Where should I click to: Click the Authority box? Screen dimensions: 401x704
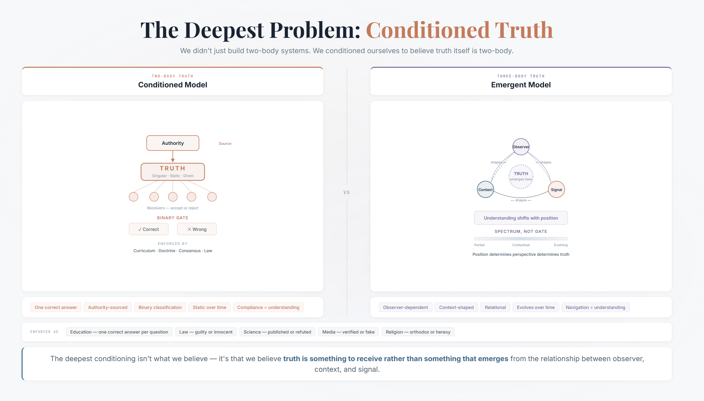(x=173, y=143)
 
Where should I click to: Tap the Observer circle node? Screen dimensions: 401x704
(x=521, y=147)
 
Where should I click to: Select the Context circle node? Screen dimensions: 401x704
(x=485, y=190)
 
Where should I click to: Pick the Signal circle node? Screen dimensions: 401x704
(x=556, y=190)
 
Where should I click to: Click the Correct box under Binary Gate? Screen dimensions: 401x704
(x=149, y=229)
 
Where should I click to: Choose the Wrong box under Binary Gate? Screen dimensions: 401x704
(x=197, y=229)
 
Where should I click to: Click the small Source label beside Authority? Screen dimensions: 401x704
(x=225, y=144)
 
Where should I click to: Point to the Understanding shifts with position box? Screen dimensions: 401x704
(x=521, y=218)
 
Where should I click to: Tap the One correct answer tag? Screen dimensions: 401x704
(x=56, y=307)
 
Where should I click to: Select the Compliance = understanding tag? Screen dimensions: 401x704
(x=268, y=307)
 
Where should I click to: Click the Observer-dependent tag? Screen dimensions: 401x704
(x=405, y=307)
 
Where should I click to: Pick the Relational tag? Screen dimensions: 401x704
(x=495, y=307)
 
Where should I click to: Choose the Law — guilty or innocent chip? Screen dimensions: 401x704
(x=206, y=332)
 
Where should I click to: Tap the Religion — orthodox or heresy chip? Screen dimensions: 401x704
(x=418, y=332)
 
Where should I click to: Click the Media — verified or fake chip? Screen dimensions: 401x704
(x=348, y=332)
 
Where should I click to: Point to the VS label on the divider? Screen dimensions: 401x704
(x=347, y=192)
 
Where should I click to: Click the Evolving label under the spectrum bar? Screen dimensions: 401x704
(x=560, y=245)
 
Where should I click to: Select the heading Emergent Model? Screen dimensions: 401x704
(x=521, y=85)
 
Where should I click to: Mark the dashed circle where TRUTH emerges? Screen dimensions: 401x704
(x=521, y=176)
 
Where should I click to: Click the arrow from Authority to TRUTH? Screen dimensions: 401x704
(x=173, y=156)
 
